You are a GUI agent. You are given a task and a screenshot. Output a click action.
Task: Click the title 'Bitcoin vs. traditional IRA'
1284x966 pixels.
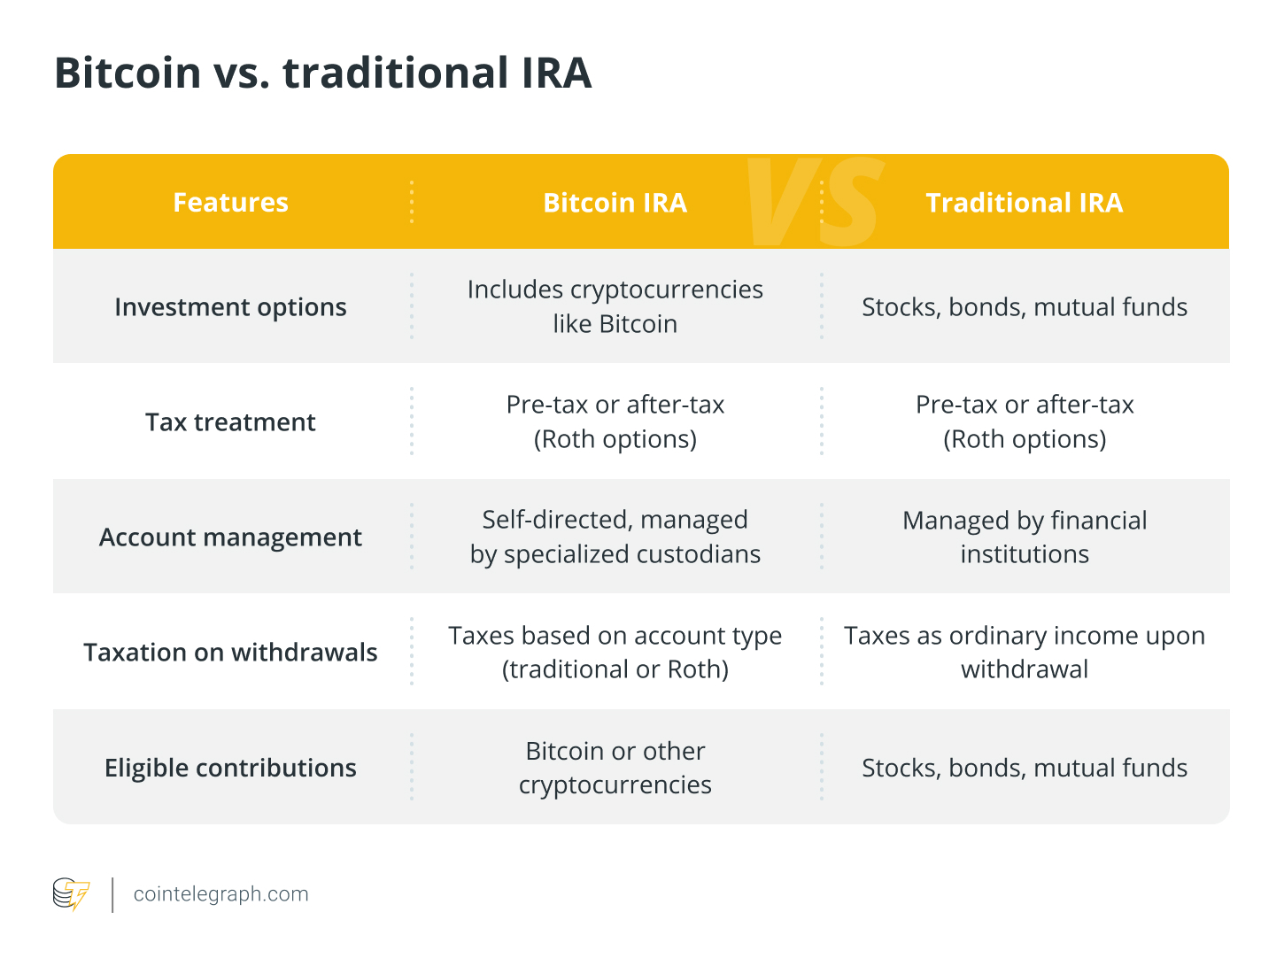pos(322,73)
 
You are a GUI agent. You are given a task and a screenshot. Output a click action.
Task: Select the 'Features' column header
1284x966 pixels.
pos(230,203)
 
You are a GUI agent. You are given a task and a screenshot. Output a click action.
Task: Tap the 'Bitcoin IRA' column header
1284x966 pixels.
pos(615,203)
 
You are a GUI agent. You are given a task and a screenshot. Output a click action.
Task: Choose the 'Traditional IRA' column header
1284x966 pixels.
pos(1024,203)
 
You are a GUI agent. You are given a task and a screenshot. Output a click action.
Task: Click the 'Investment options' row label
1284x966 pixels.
pos(230,307)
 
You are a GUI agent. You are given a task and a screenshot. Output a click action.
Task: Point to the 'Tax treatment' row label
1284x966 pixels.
pos(230,422)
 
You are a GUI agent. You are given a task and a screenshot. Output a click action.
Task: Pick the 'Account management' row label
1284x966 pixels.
pos(230,537)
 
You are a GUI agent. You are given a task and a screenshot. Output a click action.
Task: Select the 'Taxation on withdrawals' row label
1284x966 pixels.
pos(230,653)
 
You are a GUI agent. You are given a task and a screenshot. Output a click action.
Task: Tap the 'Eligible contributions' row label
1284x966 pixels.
pos(230,768)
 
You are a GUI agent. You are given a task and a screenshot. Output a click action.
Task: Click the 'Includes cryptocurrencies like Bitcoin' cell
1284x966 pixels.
pos(615,306)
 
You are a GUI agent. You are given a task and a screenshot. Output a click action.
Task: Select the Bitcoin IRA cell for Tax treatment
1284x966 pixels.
pos(615,421)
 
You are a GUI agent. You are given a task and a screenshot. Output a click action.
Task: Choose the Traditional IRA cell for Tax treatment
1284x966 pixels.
pos(1024,421)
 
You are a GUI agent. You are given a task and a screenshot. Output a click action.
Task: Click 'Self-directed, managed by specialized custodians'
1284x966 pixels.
pos(615,537)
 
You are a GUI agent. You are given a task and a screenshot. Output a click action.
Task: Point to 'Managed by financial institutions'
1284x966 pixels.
pos(1024,537)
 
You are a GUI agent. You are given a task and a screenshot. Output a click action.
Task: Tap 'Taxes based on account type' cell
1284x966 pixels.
pos(615,652)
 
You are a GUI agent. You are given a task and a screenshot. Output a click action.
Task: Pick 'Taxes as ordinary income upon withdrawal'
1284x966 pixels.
pos(1024,652)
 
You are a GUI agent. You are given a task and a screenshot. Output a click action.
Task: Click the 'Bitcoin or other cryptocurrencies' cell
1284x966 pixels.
pos(615,768)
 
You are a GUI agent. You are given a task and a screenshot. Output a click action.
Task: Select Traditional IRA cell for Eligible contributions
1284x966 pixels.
pos(1024,768)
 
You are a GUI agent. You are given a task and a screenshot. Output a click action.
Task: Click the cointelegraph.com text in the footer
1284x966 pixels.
pos(220,894)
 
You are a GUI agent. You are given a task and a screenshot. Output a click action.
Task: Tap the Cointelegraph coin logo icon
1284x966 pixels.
pos(71,894)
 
